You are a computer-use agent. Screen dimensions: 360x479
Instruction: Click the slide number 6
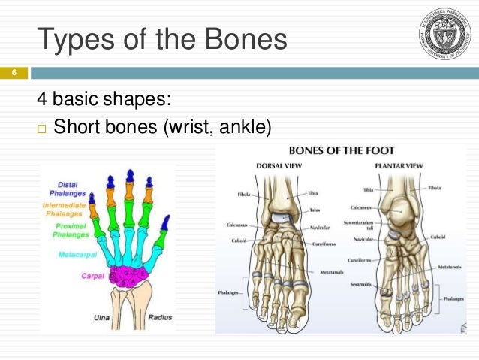[12, 73]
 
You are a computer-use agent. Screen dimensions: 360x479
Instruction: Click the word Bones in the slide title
[241, 38]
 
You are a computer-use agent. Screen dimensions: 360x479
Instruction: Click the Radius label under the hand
[159, 317]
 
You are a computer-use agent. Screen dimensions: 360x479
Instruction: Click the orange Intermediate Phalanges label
[65, 210]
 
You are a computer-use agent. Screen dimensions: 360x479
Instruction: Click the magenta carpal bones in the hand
[129, 274]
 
